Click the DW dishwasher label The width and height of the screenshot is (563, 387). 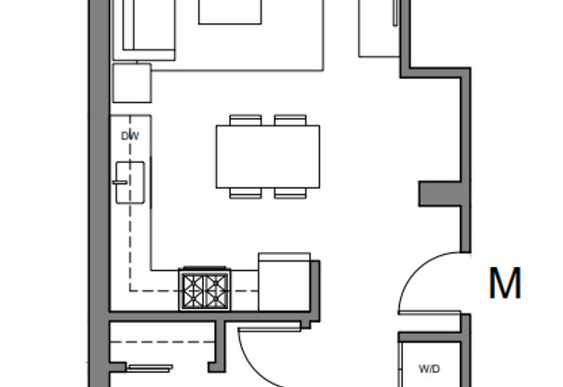pyautogui.click(x=129, y=136)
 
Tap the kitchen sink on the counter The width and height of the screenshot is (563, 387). pyautogui.click(x=129, y=180)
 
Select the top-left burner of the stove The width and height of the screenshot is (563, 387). pyautogui.click(x=194, y=280)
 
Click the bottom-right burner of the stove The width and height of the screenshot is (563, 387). pyautogui.click(x=216, y=300)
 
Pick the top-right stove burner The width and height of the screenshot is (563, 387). pyautogui.click(x=216, y=280)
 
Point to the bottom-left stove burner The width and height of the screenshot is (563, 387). pyautogui.click(x=194, y=300)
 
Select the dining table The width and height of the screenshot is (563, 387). pyautogui.click(x=268, y=156)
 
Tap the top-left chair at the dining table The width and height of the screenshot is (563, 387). pyautogui.click(x=246, y=120)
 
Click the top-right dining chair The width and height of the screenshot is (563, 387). pyautogui.click(x=290, y=120)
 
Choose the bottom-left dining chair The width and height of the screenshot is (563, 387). pyautogui.click(x=246, y=193)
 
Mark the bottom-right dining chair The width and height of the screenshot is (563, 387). pyautogui.click(x=290, y=193)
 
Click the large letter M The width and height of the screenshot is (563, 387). pyautogui.click(x=504, y=284)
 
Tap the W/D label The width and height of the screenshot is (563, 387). pyautogui.click(x=429, y=368)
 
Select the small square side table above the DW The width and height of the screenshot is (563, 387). pyautogui.click(x=131, y=83)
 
